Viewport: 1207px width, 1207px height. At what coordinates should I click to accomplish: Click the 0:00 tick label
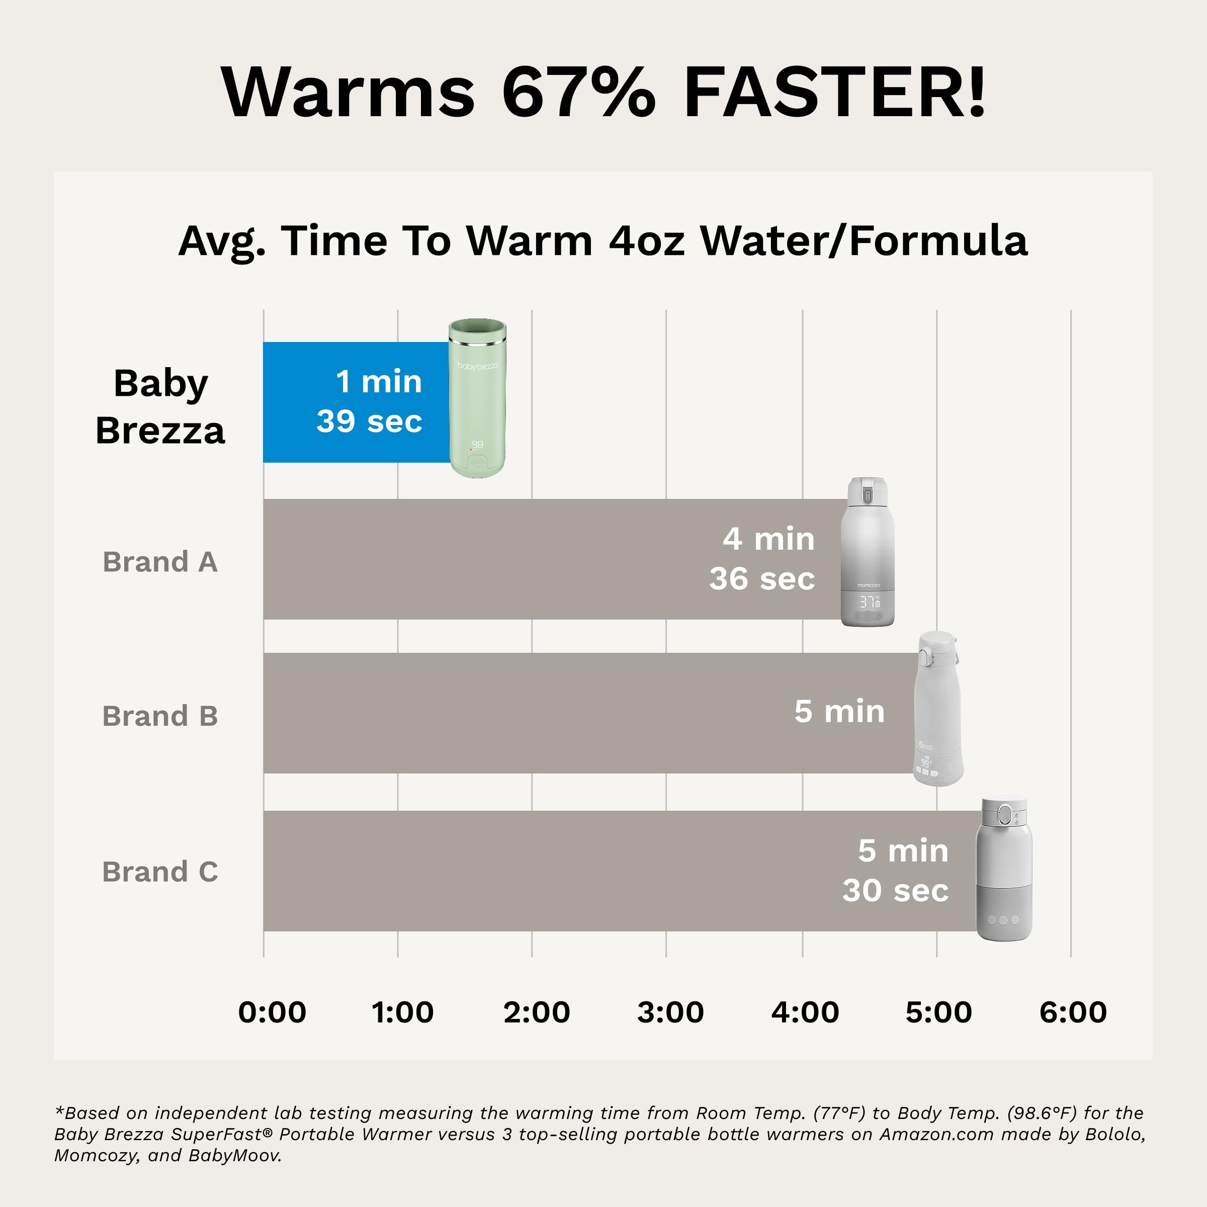273,1012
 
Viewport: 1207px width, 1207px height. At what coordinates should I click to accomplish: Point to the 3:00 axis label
670,1012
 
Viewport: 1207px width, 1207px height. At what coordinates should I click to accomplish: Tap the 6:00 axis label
1073,1012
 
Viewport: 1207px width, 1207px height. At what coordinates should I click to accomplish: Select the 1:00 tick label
402,1012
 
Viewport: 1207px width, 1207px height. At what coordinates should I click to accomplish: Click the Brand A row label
160,562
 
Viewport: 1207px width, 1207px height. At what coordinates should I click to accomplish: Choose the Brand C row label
160,872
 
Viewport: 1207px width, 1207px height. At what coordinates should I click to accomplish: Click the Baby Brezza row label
160,407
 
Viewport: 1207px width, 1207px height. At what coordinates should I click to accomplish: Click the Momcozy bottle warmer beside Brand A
868,553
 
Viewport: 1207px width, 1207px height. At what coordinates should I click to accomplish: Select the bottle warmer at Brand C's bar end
1004,869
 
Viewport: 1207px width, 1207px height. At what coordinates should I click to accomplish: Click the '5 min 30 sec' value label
895,870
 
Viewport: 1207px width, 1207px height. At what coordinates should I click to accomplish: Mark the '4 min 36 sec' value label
762,559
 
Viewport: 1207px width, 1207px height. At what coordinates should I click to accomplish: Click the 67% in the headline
578,93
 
